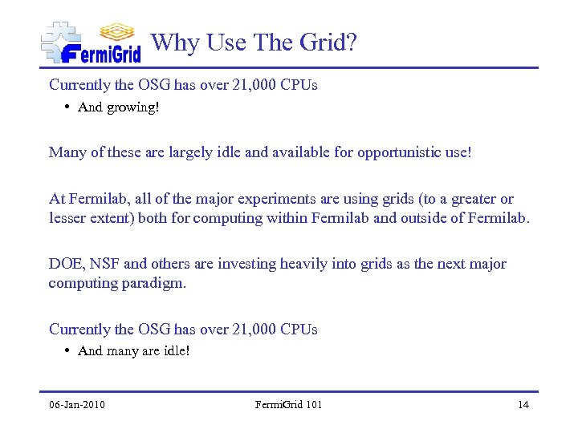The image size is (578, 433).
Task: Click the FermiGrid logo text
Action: (101, 53)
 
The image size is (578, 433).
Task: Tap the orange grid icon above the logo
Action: (117, 31)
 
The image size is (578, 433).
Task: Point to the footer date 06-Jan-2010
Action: (76, 404)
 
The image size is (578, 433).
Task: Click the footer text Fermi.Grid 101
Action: (288, 404)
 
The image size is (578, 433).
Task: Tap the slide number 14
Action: (523, 404)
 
